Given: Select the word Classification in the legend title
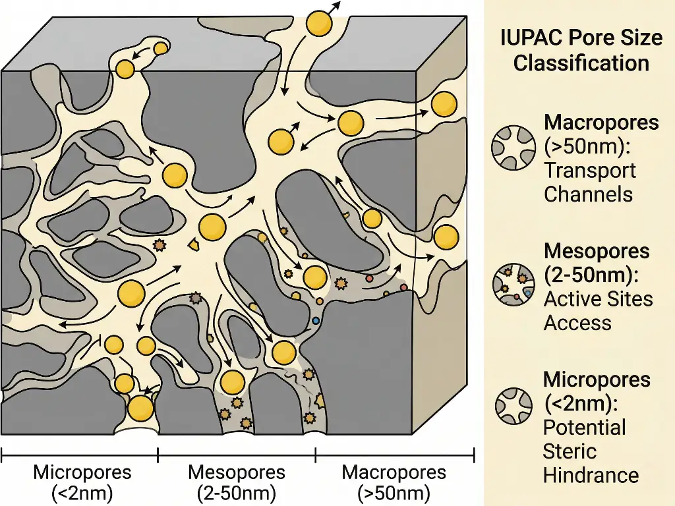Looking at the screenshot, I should point(581,63).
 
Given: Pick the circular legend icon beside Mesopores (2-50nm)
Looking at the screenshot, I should point(513,286).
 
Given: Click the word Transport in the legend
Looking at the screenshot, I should point(589,171).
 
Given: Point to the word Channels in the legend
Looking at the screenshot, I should point(588,195).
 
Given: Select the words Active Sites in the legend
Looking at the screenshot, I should point(598,299).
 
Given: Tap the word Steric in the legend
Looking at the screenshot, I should point(570,451).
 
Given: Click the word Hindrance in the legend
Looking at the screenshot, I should point(591,476).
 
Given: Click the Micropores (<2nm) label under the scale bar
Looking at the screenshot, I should point(82,482).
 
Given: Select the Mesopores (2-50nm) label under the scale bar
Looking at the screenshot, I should point(237,482).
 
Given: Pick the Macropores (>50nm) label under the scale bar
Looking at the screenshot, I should point(394,482).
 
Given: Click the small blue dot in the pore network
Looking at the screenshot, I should point(316,321).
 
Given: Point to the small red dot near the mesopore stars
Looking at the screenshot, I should point(369,279).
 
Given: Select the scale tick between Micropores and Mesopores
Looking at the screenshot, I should point(158,454).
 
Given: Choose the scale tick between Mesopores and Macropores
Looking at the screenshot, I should point(316,454).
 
